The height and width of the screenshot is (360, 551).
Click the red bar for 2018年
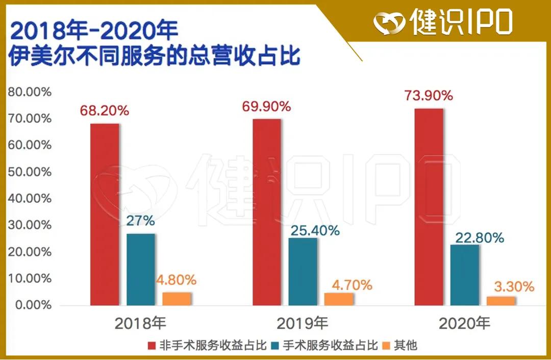pyautogui.click(x=105, y=214)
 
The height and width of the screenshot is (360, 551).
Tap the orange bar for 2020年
pyautogui.click(x=501, y=301)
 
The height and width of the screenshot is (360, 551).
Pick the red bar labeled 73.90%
pyautogui.click(x=429, y=207)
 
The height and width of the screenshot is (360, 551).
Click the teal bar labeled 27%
pyautogui.click(x=141, y=270)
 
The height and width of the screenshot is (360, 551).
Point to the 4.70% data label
pyautogui.click(x=349, y=285)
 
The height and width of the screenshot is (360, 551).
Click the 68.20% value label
pyautogui.click(x=104, y=110)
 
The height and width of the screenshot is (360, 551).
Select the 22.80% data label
pyautogui.click(x=477, y=238)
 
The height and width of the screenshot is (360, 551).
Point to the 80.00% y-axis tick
pyautogui.click(x=29, y=92)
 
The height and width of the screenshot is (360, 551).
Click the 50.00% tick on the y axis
pyautogui.click(x=29, y=172)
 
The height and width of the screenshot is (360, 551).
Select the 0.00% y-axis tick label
pyautogui.click(x=32, y=305)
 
